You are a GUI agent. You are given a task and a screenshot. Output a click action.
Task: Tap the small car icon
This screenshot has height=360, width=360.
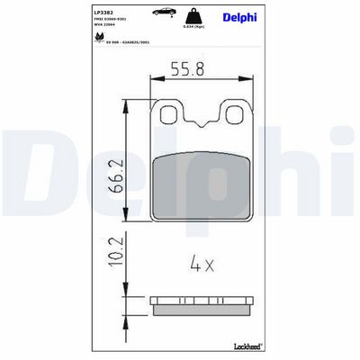pos(165,12)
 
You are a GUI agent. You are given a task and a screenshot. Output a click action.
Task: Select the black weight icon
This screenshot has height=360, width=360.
pos(192,15)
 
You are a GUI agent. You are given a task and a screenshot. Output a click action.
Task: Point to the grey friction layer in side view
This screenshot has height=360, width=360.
pos(200,310)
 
